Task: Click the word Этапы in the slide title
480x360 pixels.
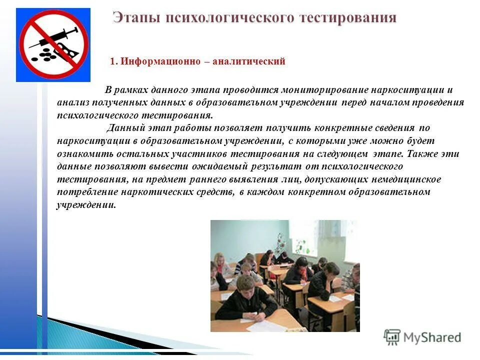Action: coord(135,18)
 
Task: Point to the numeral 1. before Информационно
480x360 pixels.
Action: coord(113,61)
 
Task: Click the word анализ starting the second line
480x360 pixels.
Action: coord(71,102)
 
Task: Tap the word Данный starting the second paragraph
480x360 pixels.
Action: coord(122,128)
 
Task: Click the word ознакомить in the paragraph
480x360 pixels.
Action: coord(82,153)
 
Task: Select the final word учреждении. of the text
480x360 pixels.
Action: coord(86,205)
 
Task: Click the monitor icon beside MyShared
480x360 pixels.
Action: coord(393,337)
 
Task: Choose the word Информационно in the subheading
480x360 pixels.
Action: coord(160,61)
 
